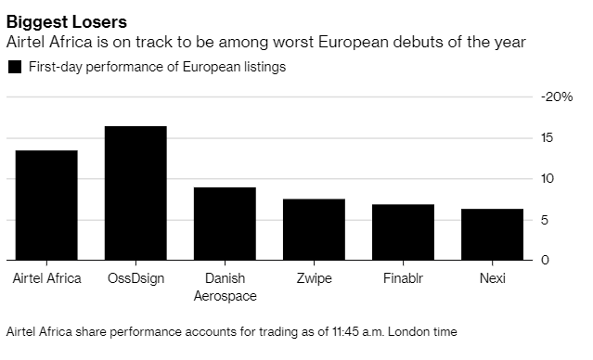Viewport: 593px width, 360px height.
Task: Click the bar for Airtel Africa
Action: (45, 205)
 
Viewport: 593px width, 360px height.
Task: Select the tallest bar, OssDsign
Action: (135, 193)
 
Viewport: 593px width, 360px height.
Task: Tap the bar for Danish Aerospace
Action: (225, 224)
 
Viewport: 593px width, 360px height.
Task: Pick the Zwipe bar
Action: (314, 229)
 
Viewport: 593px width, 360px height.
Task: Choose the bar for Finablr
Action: (403, 232)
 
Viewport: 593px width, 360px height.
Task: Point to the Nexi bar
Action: (492, 235)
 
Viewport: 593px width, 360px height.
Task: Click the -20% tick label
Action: (557, 96)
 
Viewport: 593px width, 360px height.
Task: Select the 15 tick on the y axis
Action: (549, 137)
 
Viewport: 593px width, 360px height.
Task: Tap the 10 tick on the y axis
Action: (549, 178)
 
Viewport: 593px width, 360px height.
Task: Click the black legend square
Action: (14, 67)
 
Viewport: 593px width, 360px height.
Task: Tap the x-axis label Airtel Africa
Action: (45, 278)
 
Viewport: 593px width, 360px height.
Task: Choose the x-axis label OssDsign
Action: (135, 278)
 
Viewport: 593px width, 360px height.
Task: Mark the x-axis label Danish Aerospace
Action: (225, 287)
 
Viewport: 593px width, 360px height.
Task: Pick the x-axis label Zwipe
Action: (314, 278)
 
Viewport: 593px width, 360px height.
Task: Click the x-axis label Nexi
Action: (492, 278)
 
